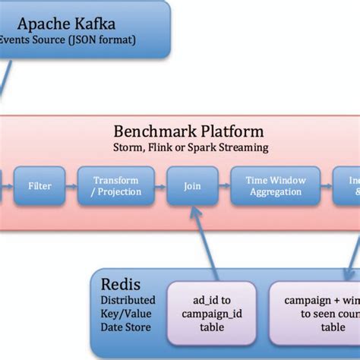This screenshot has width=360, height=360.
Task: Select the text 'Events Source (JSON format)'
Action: (68, 39)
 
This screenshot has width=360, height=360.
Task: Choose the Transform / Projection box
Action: (115, 186)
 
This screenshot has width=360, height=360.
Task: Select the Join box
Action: (192, 186)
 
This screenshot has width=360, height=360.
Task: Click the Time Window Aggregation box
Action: (276, 186)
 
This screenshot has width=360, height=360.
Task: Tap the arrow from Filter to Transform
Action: (70, 186)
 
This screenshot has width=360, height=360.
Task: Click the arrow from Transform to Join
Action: (159, 186)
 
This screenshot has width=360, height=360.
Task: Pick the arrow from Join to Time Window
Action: (224, 186)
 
